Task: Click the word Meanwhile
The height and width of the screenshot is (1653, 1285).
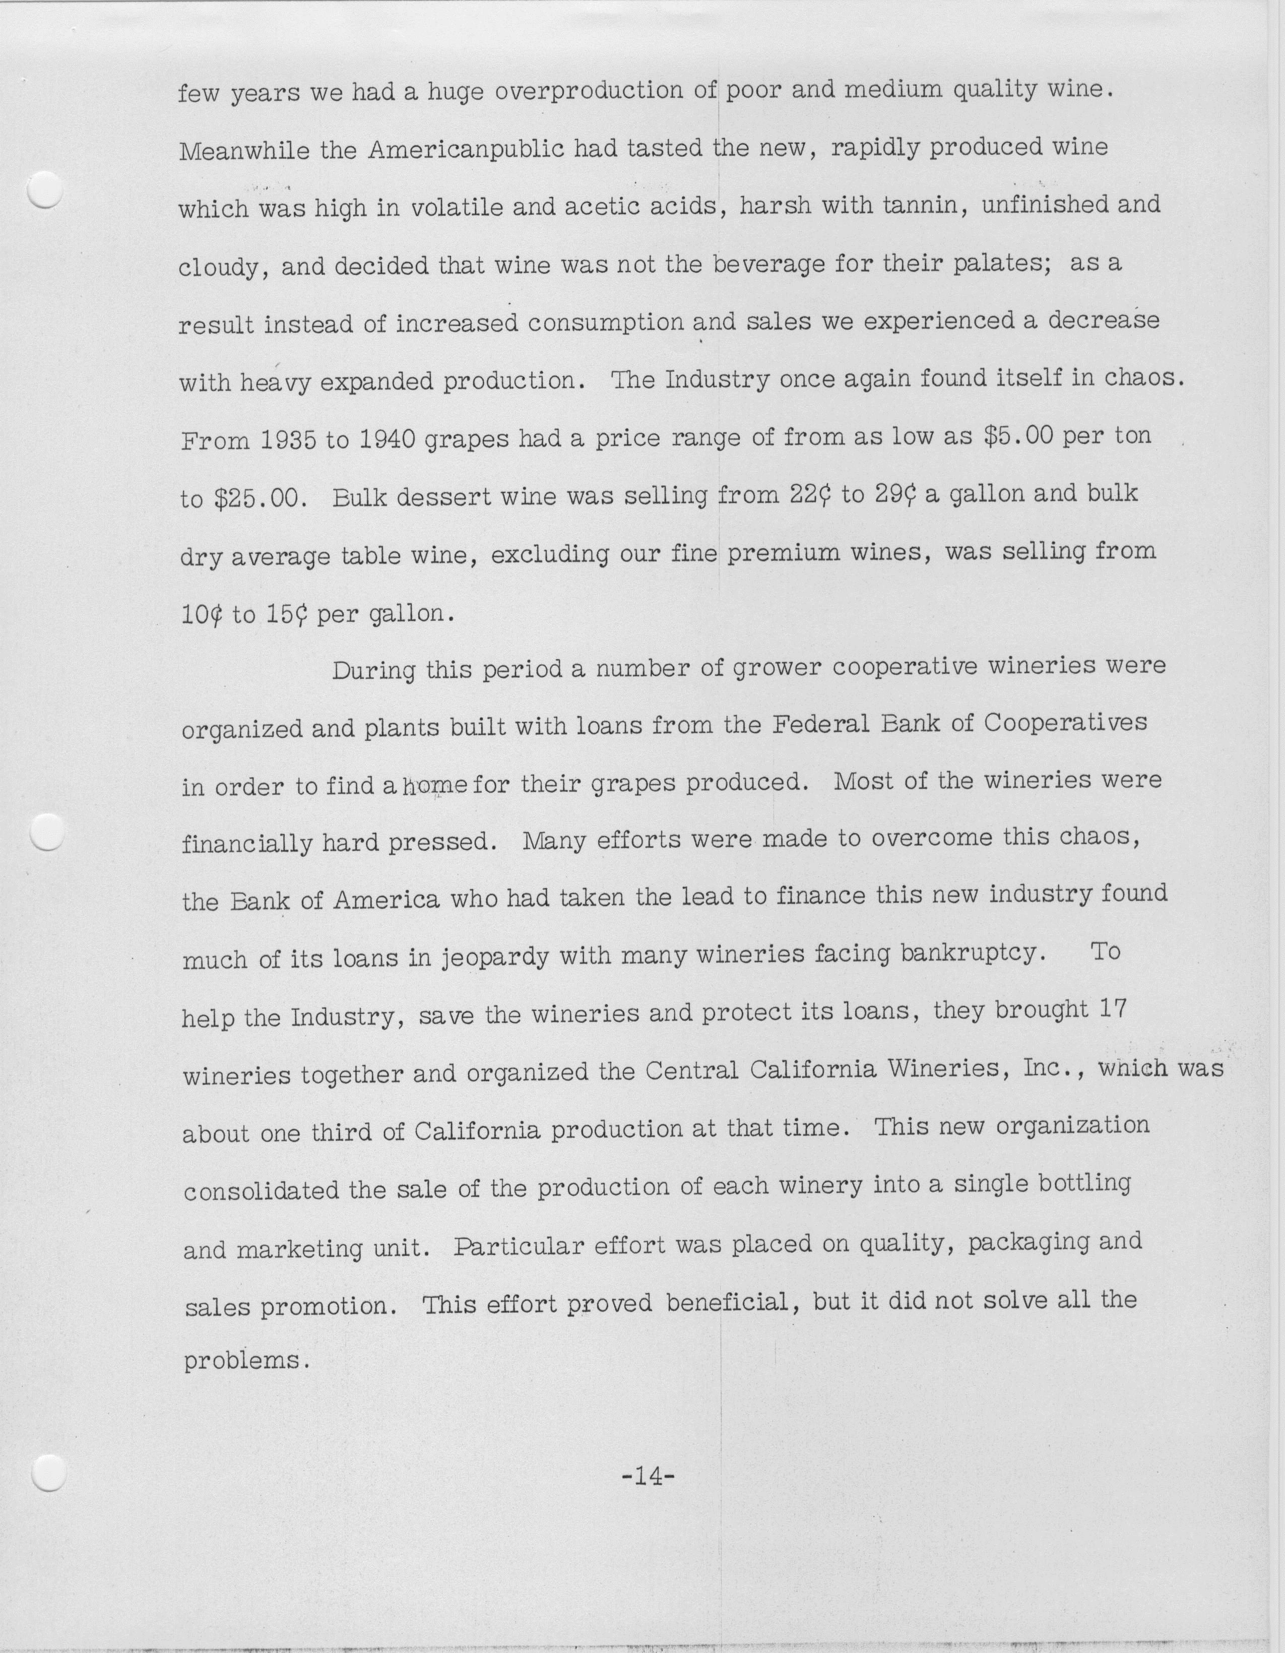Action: pos(244,151)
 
